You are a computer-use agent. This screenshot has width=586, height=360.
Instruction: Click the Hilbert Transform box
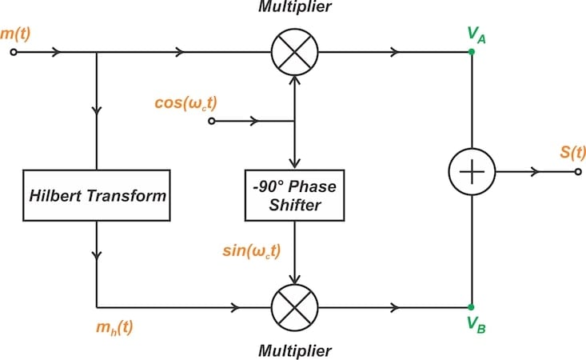click(x=96, y=194)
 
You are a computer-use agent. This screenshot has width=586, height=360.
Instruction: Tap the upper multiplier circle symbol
click(x=296, y=53)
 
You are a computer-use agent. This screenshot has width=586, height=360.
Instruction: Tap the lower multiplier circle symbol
click(x=296, y=306)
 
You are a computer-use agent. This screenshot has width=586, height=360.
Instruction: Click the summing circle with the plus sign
click(x=472, y=172)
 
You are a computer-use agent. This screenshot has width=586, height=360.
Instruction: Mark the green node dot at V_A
click(x=472, y=53)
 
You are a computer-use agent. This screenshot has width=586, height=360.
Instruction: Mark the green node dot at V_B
click(x=472, y=306)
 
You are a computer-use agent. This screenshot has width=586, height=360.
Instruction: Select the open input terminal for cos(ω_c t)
click(x=212, y=122)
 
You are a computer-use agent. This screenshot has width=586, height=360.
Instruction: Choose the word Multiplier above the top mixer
click(x=296, y=8)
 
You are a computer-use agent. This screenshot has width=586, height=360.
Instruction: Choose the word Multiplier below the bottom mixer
click(x=296, y=350)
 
